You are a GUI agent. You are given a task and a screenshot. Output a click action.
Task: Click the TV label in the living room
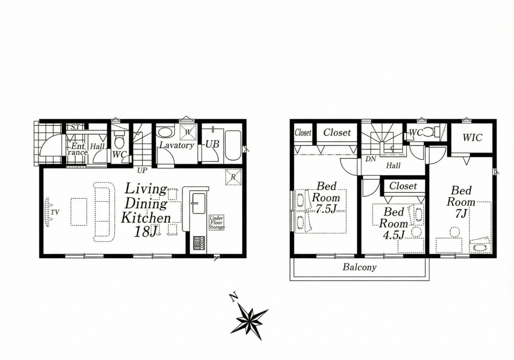[55, 213]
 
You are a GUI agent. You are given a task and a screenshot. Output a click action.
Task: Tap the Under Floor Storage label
[217, 222]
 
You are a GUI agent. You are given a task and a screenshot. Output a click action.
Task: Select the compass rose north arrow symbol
[249, 316]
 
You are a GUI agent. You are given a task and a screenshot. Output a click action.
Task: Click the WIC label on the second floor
[472, 138]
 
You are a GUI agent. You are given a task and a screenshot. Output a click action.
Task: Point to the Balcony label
[360, 267]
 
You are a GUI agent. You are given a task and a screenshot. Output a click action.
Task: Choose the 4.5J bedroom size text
[394, 235]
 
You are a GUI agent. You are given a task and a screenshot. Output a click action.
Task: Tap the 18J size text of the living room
[146, 232]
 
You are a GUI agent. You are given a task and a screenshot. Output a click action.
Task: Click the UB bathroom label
[212, 144]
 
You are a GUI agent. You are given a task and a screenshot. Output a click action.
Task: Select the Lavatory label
[177, 145]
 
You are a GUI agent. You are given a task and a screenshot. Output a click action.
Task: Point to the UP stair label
[142, 170]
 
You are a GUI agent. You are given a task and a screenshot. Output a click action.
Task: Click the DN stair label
[371, 160]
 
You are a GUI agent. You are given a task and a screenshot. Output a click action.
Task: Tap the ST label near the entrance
[75, 127]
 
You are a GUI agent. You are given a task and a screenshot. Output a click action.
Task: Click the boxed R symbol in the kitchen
[233, 177]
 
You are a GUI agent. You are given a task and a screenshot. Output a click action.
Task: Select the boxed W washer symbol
[188, 132]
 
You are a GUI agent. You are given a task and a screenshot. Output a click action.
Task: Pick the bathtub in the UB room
[233, 145]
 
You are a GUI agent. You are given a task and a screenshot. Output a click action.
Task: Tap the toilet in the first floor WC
[119, 141]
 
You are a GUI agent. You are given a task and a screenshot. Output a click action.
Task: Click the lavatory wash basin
[165, 132]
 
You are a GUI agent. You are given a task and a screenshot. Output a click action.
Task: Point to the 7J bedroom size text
[461, 213]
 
